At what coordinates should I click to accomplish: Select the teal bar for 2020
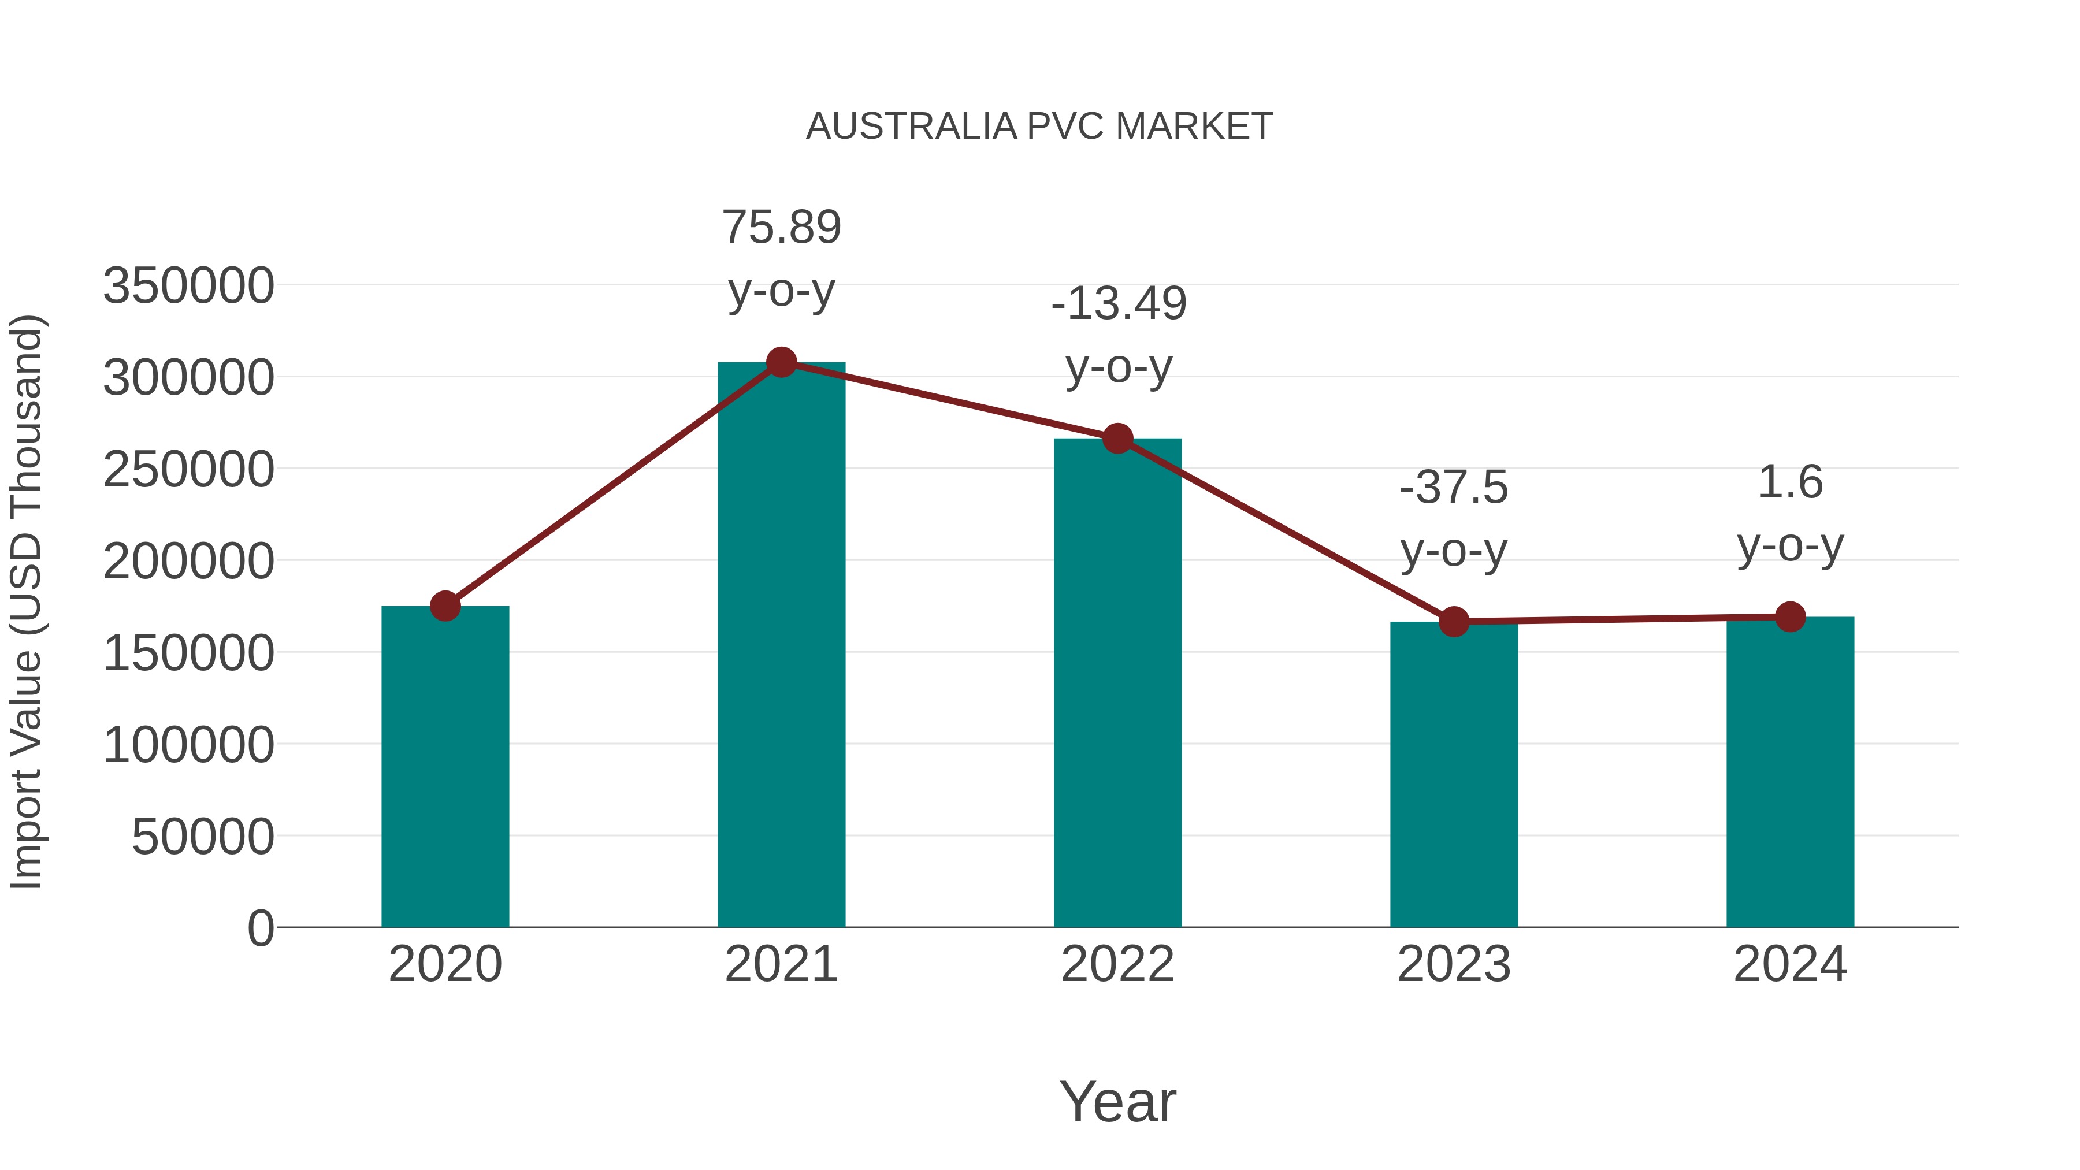click(445, 767)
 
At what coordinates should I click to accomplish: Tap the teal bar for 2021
click(781, 646)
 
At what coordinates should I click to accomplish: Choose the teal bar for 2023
click(1454, 775)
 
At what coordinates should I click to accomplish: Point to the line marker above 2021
click(781, 362)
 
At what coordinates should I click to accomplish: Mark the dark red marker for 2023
click(1454, 622)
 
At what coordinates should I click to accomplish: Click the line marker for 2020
click(445, 606)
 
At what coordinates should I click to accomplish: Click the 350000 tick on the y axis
click(188, 286)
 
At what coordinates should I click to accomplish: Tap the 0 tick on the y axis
click(260, 928)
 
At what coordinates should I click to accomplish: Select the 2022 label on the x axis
click(1117, 964)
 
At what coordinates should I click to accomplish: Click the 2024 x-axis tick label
click(1789, 964)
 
